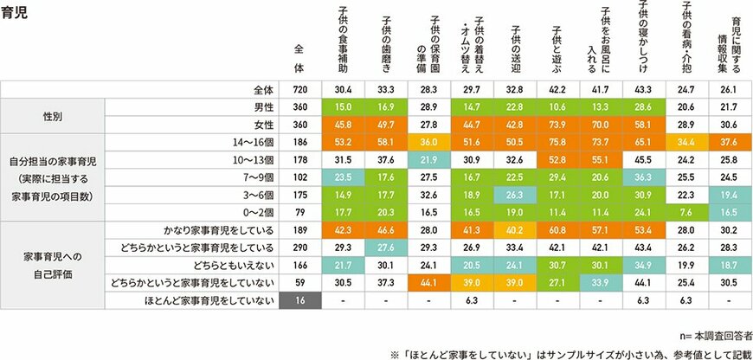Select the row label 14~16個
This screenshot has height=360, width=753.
(256, 143)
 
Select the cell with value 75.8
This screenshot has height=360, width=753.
(558, 143)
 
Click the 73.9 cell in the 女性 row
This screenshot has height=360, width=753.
(558, 125)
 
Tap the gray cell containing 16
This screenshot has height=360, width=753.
(300, 301)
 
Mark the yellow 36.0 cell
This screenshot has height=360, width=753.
(429, 143)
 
